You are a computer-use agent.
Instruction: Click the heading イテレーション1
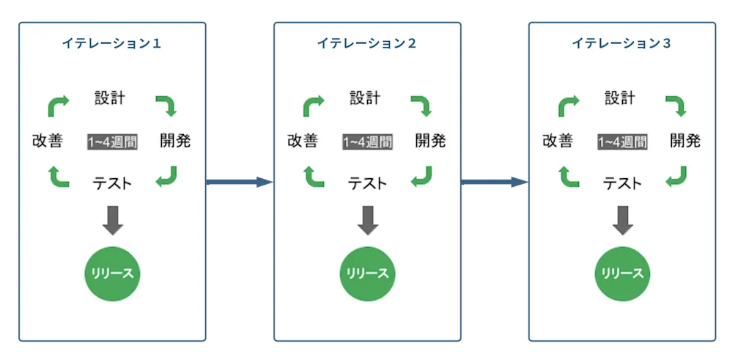[x=111, y=43]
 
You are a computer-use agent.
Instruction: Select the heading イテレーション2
[x=366, y=43]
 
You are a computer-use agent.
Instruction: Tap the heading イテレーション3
[x=621, y=43]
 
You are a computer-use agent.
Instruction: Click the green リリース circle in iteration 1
[x=112, y=273]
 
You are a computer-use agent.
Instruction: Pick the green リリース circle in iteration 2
[x=367, y=273]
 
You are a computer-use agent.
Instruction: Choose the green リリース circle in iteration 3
[x=622, y=273]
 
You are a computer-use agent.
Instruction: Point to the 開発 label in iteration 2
[x=430, y=141]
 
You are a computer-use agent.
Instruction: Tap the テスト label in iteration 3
[x=622, y=183]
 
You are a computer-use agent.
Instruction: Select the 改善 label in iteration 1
[x=47, y=141]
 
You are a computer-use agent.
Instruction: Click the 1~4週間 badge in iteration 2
[x=367, y=142]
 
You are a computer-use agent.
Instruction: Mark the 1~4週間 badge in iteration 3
[x=622, y=142]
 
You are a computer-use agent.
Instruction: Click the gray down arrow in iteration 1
[x=112, y=220]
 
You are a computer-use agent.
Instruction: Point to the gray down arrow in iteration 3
[x=622, y=220]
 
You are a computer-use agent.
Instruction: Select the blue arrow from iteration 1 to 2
[x=239, y=182]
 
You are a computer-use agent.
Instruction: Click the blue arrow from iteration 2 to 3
[x=494, y=182]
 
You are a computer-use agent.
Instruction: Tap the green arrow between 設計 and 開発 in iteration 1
[x=166, y=106]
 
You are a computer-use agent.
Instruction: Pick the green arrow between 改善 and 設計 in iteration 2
[x=314, y=106]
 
